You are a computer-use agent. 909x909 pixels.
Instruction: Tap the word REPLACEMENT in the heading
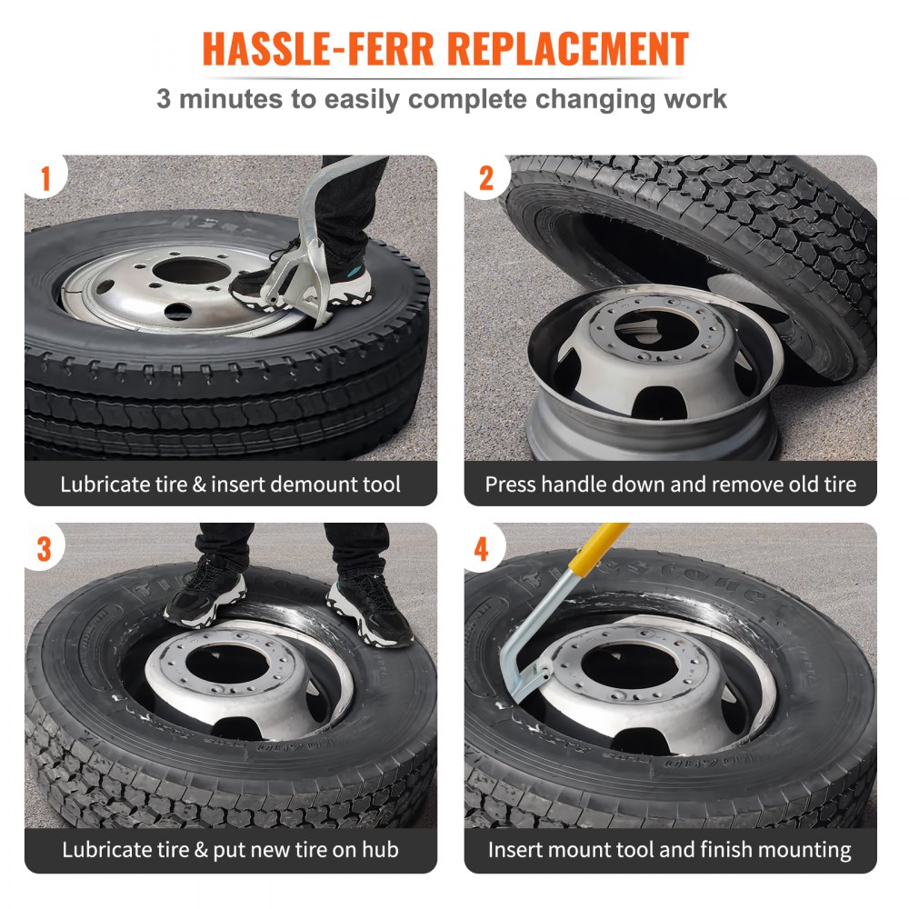[x=571, y=49]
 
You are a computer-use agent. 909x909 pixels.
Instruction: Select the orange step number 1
[x=45, y=178]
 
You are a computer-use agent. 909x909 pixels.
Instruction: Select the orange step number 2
[x=486, y=178]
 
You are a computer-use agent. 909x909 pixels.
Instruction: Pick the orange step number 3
[x=45, y=548]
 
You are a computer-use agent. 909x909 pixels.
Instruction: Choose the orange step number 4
[x=482, y=548]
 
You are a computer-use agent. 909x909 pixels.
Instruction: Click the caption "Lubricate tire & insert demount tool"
[x=230, y=484]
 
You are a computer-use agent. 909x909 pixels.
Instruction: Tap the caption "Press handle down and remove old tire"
[x=670, y=484]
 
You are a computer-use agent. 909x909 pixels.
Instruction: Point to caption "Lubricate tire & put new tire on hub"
[x=230, y=851]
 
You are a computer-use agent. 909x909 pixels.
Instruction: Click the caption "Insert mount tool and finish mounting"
[x=670, y=851]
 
